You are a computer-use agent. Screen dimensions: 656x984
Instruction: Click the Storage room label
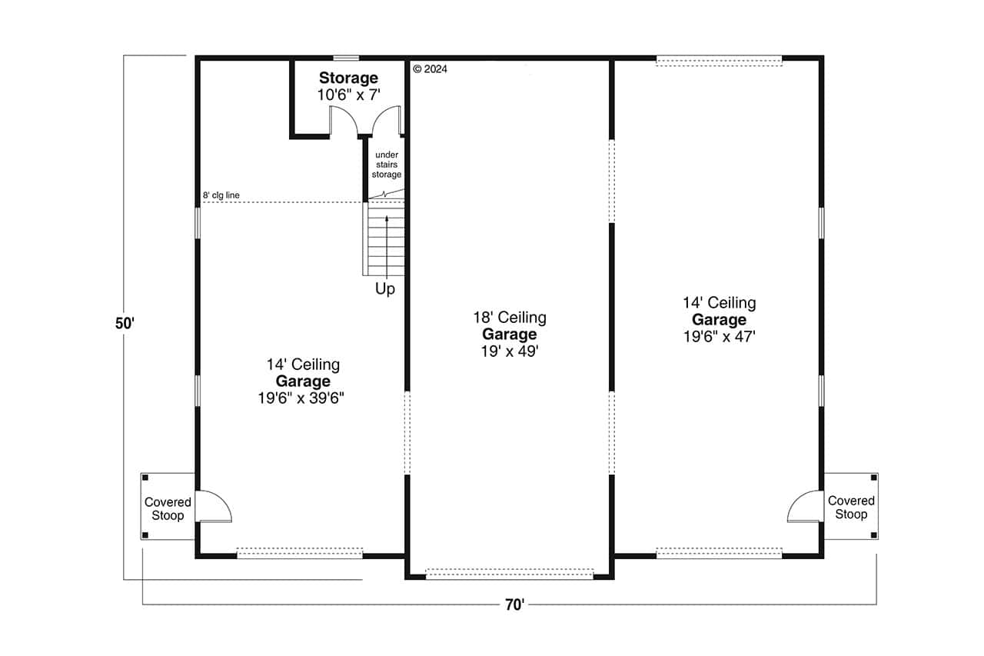[348, 78]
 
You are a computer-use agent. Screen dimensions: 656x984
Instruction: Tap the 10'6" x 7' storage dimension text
[348, 95]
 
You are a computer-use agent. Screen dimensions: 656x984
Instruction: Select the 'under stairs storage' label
[387, 165]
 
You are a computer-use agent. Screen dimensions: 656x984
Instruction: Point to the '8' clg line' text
[221, 195]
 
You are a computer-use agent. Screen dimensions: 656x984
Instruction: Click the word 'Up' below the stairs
[385, 289]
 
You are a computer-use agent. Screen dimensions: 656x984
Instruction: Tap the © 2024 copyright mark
[430, 68]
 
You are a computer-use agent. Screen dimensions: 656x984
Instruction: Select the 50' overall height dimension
[125, 324]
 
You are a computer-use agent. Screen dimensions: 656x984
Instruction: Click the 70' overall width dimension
[514, 604]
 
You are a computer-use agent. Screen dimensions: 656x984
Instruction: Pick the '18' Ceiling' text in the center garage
[509, 318]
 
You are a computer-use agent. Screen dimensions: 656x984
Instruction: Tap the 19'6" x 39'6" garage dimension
[303, 398]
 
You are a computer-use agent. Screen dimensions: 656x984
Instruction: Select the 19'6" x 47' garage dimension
[719, 336]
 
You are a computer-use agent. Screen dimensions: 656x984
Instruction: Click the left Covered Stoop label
[168, 508]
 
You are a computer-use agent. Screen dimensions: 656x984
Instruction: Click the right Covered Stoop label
[851, 508]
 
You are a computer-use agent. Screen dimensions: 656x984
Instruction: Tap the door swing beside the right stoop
[804, 505]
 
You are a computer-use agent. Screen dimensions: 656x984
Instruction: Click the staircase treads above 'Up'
[385, 238]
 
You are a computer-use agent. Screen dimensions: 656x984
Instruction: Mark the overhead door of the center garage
[510, 573]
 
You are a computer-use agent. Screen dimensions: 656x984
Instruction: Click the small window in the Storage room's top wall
[346, 58]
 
